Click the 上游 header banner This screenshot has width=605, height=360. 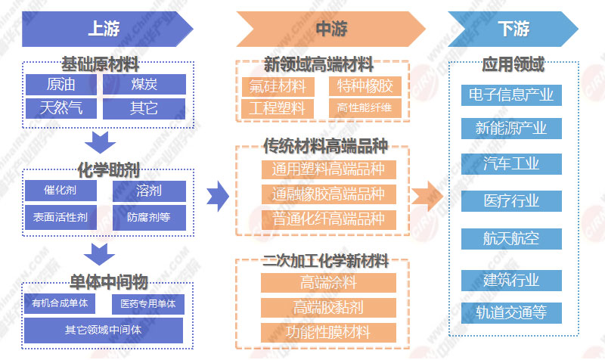click(x=106, y=29)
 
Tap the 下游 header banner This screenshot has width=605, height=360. click(x=513, y=29)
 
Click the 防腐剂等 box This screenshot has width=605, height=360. click(x=148, y=217)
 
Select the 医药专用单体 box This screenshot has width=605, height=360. click(x=148, y=304)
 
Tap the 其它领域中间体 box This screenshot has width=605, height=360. click(x=104, y=330)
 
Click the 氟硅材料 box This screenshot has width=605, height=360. click(x=278, y=85)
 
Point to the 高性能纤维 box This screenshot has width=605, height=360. click(x=365, y=108)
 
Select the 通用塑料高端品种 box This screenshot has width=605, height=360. click(x=328, y=169)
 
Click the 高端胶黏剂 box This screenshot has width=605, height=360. click(x=328, y=307)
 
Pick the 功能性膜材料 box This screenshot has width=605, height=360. click(x=328, y=331)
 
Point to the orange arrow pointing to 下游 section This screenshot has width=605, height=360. click(x=427, y=197)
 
